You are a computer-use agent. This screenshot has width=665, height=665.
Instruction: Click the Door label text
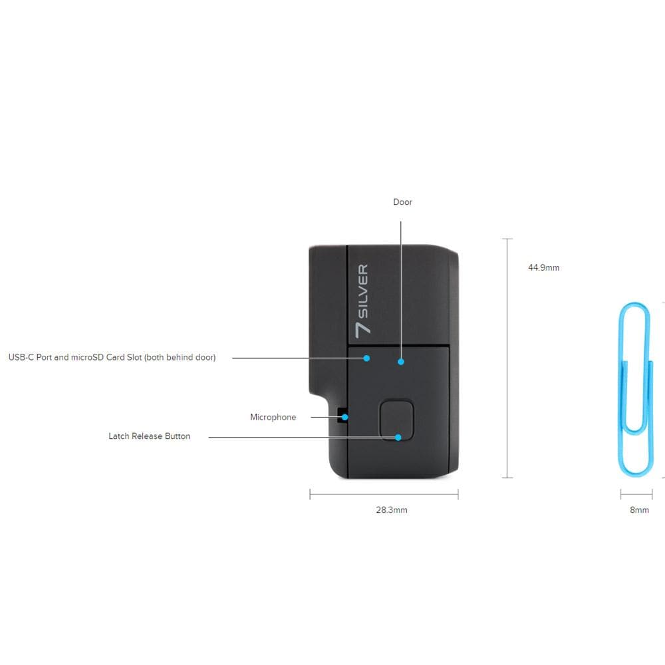click(x=402, y=202)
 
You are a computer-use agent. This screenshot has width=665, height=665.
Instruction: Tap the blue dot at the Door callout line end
click(x=401, y=362)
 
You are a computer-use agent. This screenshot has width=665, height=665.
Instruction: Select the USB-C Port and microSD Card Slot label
click(x=112, y=357)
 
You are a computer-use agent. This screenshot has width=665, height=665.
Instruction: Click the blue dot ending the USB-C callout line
click(x=366, y=358)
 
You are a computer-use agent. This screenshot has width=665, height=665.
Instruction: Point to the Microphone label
click(x=273, y=417)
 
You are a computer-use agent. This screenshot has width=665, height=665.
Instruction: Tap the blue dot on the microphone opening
click(x=344, y=418)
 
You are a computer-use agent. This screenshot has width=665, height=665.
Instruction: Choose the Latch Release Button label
click(x=149, y=436)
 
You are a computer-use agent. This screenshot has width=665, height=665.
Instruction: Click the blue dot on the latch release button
click(x=398, y=438)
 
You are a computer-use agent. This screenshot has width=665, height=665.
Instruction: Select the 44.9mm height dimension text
click(x=544, y=267)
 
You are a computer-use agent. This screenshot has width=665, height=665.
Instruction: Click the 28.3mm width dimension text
click(x=392, y=510)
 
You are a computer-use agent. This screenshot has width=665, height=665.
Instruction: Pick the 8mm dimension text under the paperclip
click(x=639, y=510)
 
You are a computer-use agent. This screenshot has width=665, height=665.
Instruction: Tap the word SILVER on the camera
click(x=363, y=291)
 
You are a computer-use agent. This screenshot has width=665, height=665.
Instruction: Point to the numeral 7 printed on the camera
click(x=362, y=331)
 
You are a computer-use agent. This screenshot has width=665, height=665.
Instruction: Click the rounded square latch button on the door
click(x=396, y=420)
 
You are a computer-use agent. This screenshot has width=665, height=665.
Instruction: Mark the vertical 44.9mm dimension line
click(x=507, y=358)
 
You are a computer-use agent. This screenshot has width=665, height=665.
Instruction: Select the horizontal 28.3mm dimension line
click(x=384, y=494)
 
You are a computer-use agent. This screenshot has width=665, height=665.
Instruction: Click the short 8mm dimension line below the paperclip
click(x=636, y=494)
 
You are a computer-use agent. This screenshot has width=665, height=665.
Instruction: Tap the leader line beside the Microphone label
click(x=327, y=417)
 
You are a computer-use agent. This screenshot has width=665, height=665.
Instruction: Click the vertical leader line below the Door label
click(x=401, y=290)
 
